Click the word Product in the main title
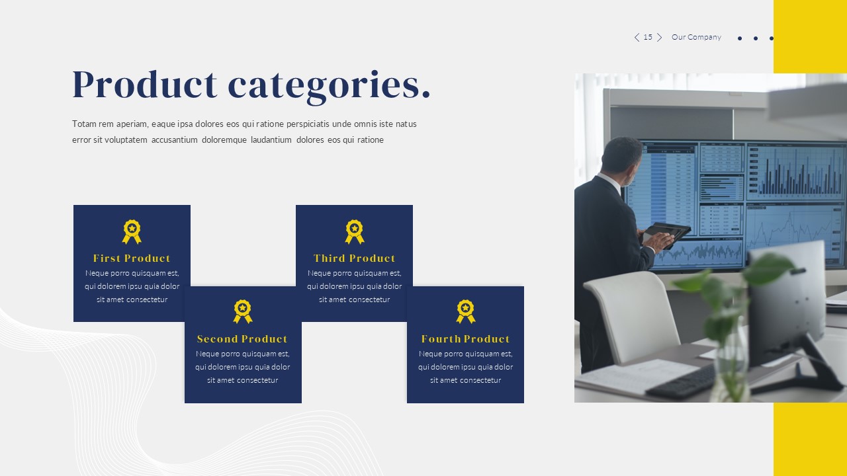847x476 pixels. tap(144, 85)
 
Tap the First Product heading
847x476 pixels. tap(132, 258)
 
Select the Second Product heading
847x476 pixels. tap(242, 339)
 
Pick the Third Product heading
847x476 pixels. tap(354, 258)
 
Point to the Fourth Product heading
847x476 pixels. tap(465, 339)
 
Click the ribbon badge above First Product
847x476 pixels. tap(132, 231)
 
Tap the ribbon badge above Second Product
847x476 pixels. tap(243, 311)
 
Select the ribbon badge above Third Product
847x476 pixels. tap(355, 231)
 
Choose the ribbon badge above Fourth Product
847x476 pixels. tap(466, 311)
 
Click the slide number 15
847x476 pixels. tap(648, 38)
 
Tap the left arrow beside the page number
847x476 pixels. tap(637, 38)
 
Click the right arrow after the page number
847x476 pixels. tap(659, 38)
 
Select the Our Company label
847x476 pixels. tap(696, 38)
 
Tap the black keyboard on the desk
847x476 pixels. tap(682, 382)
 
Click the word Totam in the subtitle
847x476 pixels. tap(84, 124)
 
